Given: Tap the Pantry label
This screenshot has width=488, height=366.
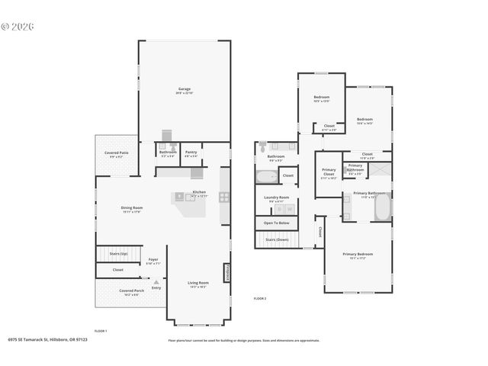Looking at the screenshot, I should coord(191,152).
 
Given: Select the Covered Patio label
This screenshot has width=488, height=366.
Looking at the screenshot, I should coord(117,154).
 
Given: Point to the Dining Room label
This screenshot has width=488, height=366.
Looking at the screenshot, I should coord(133,209).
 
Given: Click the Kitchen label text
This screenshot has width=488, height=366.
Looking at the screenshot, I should coord(198,192).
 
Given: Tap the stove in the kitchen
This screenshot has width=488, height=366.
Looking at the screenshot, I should coord(224,197).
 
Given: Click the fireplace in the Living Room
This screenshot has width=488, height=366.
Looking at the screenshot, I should coord(226,273).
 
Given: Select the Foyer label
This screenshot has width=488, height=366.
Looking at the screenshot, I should coord(153,259).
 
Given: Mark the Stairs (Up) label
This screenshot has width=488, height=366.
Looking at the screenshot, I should coord(119,253).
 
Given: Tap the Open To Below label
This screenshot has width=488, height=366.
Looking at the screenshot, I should coord(276,223).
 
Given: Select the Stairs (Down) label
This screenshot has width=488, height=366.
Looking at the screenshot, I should coord(276,239).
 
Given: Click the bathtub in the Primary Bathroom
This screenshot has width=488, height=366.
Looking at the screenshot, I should coord(380,207).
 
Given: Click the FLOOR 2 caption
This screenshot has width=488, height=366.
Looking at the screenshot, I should coord(260,298).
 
